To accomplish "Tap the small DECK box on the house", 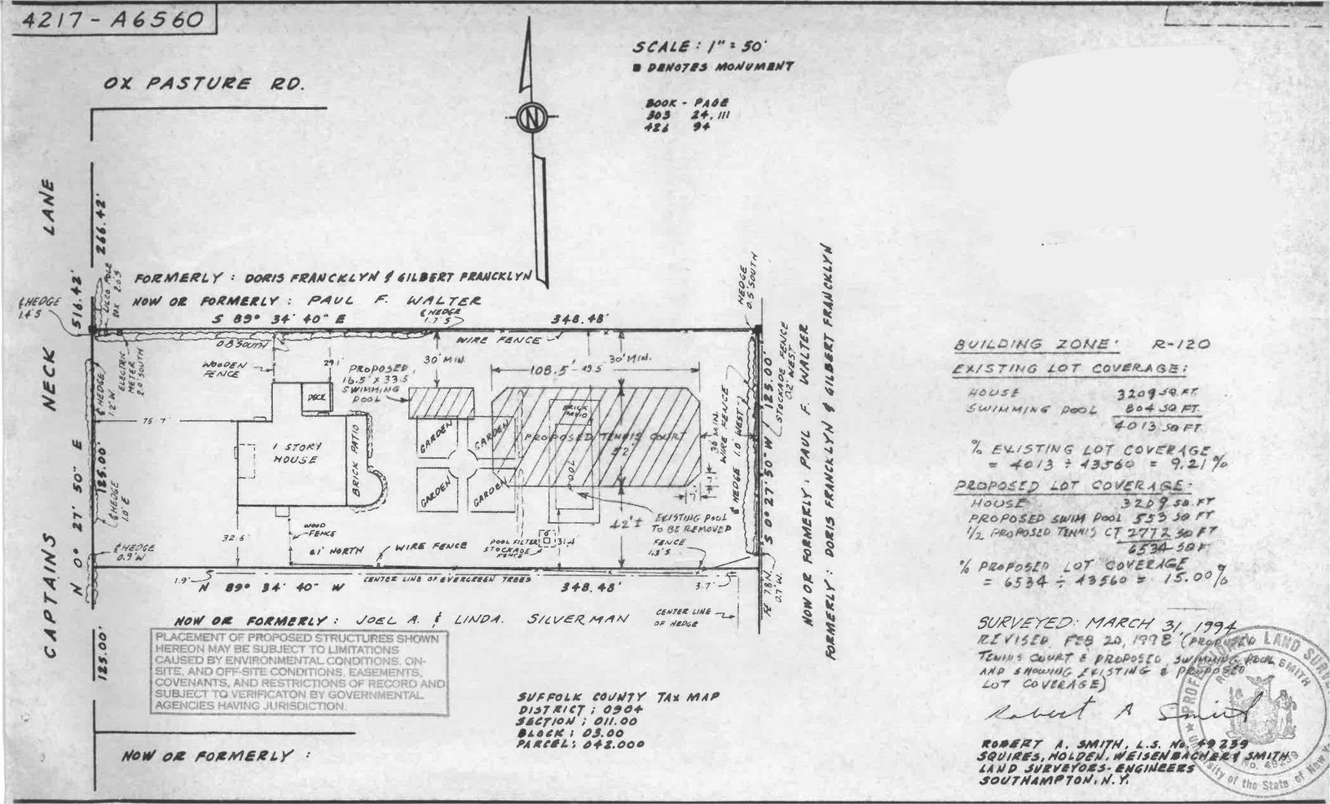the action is pyautogui.click(x=315, y=397).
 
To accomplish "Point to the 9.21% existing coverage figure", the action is pyautogui.click(x=1203, y=464).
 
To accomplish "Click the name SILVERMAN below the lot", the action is pyautogui.click(x=578, y=619).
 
